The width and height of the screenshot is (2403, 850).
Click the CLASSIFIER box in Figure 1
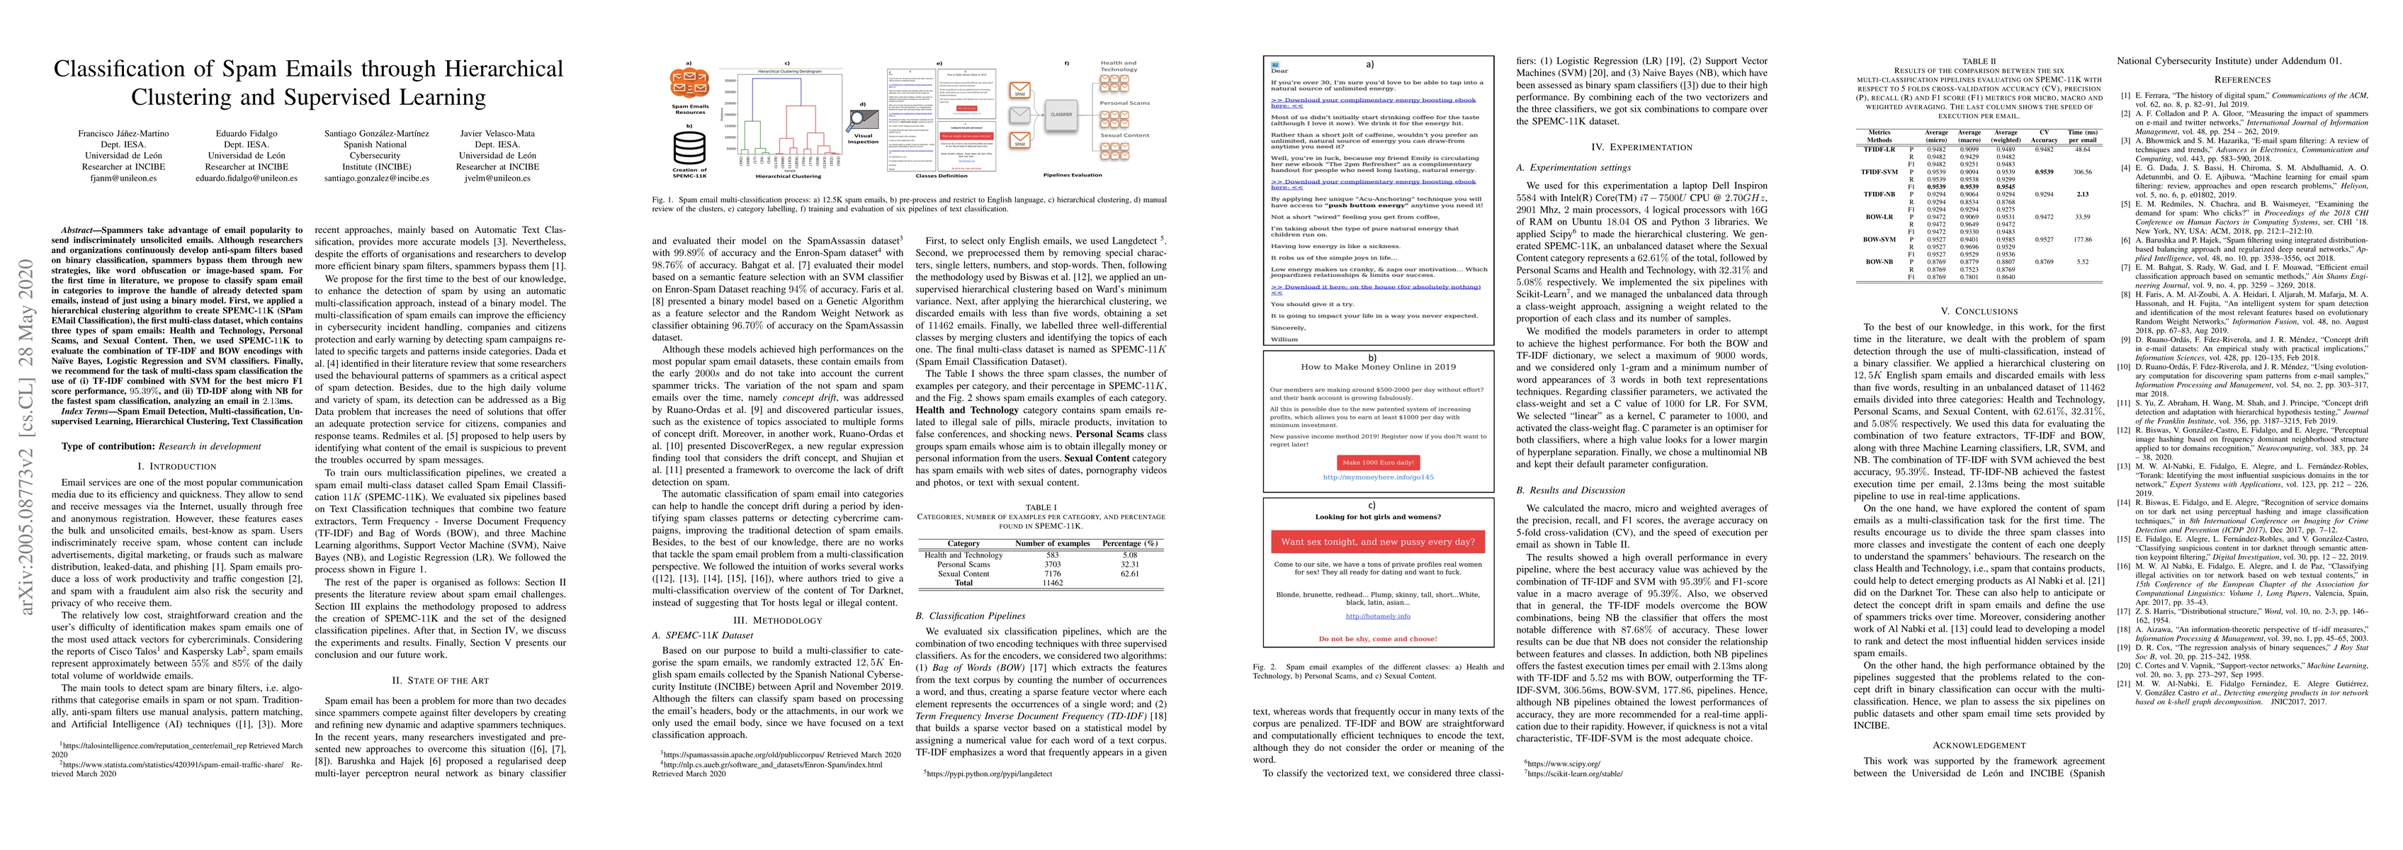click(1061, 114)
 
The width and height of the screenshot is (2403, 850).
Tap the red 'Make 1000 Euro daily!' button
click(1377, 462)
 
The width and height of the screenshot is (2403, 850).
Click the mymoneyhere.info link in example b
click(1378, 477)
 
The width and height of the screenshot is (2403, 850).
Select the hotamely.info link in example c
click(1377, 616)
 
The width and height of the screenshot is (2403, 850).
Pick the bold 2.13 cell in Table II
click(2074, 194)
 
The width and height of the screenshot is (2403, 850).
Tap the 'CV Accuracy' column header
click(2044, 136)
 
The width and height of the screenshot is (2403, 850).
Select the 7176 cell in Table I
click(1051, 574)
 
